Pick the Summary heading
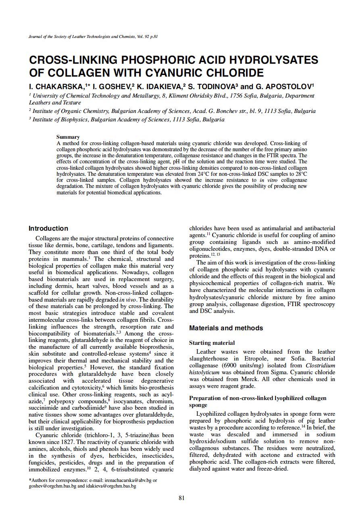pyautogui.click(x=68, y=137)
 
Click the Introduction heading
pyautogui.click(x=48, y=228)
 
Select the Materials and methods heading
pyautogui.click(x=226, y=328)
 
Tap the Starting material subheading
pyautogui.click(x=212, y=343)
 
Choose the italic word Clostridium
pyautogui.click(x=320, y=365)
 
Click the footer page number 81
pyautogui.click(x=181, y=498)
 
